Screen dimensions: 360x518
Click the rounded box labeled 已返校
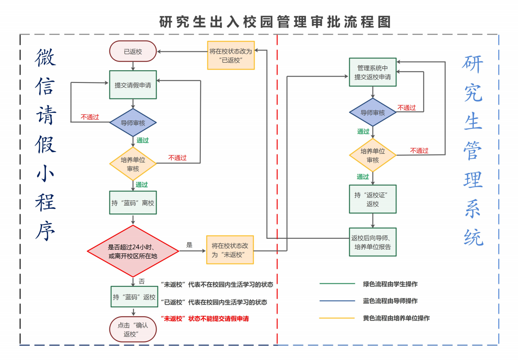point(133,52)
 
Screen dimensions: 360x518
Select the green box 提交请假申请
point(133,85)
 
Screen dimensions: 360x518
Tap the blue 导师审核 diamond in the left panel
point(133,123)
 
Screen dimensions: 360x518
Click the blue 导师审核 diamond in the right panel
point(373,112)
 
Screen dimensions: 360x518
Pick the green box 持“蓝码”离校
point(133,203)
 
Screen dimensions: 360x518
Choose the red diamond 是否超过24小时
point(133,251)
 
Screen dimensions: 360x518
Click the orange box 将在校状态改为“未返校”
point(230,250)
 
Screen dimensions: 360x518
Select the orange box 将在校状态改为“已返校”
point(231,55)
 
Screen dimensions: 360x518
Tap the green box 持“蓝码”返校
point(134,297)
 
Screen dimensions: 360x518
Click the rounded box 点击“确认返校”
point(133,329)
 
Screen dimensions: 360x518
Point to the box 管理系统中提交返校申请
point(373,72)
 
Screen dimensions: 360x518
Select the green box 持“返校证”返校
point(373,199)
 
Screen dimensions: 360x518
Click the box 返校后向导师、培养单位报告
point(373,242)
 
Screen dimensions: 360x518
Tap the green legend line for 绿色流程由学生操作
point(337,284)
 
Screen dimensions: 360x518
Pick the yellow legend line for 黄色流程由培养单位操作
point(337,318)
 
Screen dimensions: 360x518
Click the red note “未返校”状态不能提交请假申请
point(205,319)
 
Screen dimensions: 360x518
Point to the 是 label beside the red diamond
point(189,245)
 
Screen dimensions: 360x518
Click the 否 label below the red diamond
point(142,281)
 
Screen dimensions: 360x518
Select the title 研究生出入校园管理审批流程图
point(275,22)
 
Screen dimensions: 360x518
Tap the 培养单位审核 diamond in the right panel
point(373,155)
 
